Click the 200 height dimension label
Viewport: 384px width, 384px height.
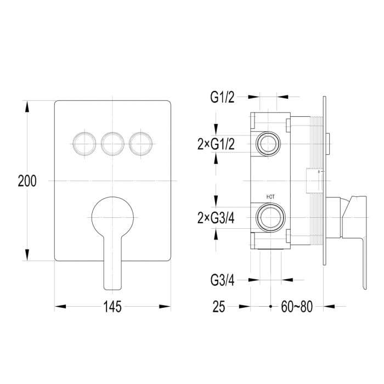click(27, 181)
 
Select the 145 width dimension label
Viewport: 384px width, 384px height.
click(112, 306)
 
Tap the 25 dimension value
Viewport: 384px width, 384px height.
click(219, 306)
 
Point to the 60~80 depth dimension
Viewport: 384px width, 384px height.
click(297, 306)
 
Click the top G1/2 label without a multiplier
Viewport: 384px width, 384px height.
click(222, 97)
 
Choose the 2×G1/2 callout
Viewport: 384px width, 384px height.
click(216, 144)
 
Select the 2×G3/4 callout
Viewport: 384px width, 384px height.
click(216, 218)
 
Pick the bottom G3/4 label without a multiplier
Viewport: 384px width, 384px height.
click(222, 280)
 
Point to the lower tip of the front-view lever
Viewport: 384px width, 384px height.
click(112, 290)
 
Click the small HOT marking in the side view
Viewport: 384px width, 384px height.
click(270, 197)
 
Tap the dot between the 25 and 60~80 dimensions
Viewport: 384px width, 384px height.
click(270, 306)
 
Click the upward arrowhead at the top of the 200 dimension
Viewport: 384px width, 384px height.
click(27, 106)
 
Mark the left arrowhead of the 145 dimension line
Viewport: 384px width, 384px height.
click(60, 306)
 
